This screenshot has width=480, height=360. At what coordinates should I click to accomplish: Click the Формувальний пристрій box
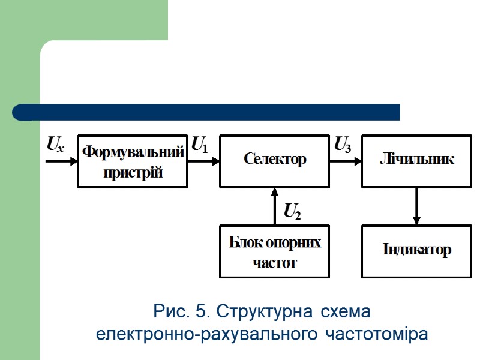pos(133,161)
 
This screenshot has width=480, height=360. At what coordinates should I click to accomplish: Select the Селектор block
pos(274,161)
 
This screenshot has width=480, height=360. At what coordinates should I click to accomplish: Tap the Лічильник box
pos(416,161)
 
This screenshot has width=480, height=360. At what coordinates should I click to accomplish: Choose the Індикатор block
pos(416,251)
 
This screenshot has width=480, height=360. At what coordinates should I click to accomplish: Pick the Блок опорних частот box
pos(274,251)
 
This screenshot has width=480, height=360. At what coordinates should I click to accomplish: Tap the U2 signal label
pos(292,211)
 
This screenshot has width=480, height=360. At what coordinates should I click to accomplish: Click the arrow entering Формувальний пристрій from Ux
pos(61,161)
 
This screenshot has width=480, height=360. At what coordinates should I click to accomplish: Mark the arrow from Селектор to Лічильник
pos(345,161)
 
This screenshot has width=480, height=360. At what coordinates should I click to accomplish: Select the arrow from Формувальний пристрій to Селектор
pos(203,161)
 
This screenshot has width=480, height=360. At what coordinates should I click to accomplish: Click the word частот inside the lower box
pos(274,263)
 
